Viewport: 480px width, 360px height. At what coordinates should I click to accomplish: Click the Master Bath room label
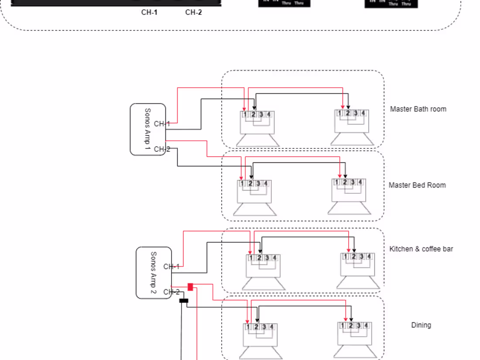pos(418,109)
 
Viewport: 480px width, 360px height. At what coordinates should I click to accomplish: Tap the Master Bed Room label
pos(417,185)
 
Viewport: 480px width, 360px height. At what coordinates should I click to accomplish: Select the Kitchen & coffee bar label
pos(421,249)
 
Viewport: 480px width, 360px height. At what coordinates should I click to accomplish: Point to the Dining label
pos(421,325)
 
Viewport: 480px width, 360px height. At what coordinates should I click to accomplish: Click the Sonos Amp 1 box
pos(147,130)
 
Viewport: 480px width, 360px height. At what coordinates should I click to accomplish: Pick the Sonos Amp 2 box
pos(153,273)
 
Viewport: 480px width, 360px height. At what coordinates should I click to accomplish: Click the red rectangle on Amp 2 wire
pos(190,287)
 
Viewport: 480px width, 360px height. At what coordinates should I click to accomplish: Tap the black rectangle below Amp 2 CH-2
pos(184,301)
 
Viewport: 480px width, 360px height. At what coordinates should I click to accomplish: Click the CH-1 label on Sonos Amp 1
pos(162,124)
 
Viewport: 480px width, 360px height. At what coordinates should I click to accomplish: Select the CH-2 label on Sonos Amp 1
pos(162,149)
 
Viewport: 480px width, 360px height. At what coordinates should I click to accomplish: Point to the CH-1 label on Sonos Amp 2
pos(171,267)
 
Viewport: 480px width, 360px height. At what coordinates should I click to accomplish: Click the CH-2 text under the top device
pos(193,12)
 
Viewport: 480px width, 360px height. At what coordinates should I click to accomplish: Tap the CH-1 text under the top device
pos(149,12)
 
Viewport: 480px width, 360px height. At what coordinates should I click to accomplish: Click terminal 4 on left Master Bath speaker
pos(269,115)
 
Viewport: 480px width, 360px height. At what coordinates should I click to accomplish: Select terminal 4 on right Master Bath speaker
pos(363,113)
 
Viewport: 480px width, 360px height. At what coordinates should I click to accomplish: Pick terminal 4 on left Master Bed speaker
pos(265,184)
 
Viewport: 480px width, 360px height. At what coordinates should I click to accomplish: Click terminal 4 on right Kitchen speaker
pos(369,257)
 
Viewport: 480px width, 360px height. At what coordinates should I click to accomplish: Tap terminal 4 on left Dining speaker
pos(271,327)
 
